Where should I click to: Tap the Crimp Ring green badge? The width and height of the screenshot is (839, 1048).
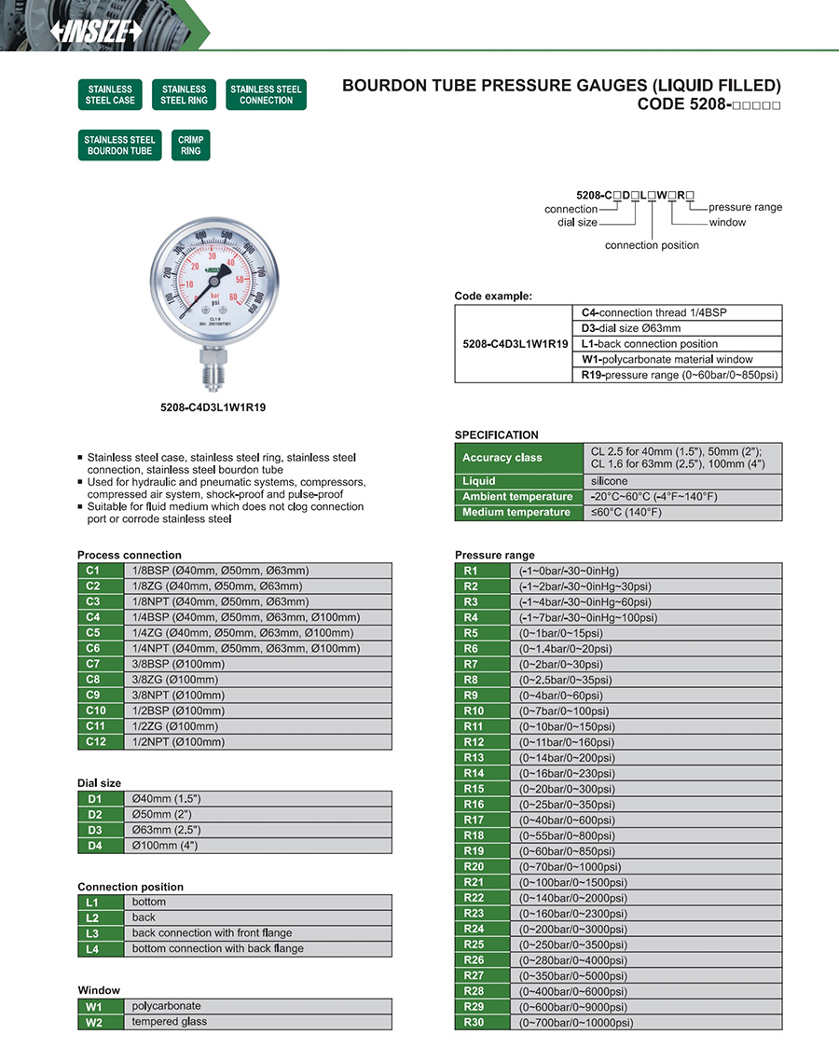191,145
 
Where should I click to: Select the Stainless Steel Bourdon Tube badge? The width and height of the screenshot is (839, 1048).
119,145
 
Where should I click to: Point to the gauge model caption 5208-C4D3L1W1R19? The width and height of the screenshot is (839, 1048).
213,407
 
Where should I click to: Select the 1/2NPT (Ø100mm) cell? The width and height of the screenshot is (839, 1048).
257,742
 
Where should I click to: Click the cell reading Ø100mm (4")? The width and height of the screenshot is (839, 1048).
257,846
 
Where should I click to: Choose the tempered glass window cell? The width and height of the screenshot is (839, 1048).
257,1022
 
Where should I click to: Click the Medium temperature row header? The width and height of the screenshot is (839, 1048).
517,512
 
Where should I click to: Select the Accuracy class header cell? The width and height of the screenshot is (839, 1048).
517,458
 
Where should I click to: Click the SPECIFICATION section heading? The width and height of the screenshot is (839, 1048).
497,434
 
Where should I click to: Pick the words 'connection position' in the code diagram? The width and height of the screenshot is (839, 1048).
652,245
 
